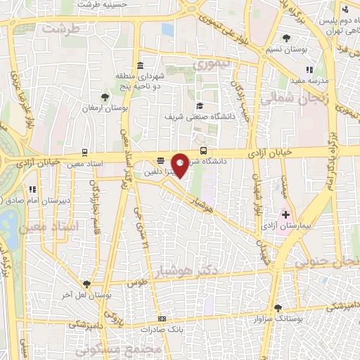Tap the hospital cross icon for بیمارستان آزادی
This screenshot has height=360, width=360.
click(285, 214)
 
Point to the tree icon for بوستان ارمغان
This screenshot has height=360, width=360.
click(105, 96)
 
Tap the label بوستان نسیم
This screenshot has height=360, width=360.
click(288, 49)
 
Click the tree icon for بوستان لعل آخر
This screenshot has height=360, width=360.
click(86, 283)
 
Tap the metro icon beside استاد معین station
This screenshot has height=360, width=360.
click(85, 151)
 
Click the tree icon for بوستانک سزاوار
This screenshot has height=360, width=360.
click(279, 307)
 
